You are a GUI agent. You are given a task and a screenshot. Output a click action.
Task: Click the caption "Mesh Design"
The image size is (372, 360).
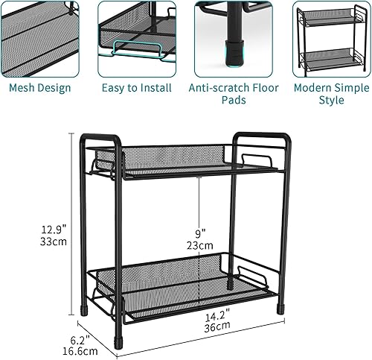point(40,88)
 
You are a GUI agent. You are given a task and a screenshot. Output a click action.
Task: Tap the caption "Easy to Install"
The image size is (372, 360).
point(136,88)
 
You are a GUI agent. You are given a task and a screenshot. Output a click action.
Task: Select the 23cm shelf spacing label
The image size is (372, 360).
point(199,244)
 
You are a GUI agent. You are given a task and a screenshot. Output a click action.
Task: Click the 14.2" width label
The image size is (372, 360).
point(217,315)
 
